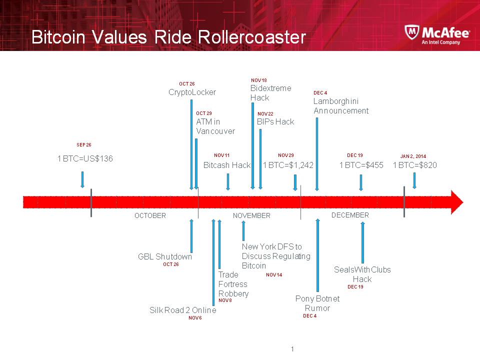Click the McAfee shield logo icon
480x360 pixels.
412,33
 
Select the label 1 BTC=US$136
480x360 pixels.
85,158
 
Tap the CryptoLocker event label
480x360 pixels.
192,92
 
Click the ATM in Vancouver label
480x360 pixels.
215,126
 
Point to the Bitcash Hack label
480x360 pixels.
227,165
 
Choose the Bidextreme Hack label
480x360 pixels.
270,93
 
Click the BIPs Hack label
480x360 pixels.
275,121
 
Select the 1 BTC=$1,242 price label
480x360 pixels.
288,165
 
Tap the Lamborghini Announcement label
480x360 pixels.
341,106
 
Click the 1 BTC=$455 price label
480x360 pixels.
361,165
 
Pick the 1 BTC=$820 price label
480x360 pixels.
415,165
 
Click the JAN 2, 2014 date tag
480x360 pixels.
413,156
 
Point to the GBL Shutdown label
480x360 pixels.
165,256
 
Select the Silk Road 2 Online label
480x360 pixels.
183,310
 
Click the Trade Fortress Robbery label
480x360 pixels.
233,284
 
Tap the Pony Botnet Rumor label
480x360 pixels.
317,303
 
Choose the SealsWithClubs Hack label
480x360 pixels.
362,274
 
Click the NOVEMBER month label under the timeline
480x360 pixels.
251,215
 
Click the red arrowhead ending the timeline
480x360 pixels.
456,201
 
